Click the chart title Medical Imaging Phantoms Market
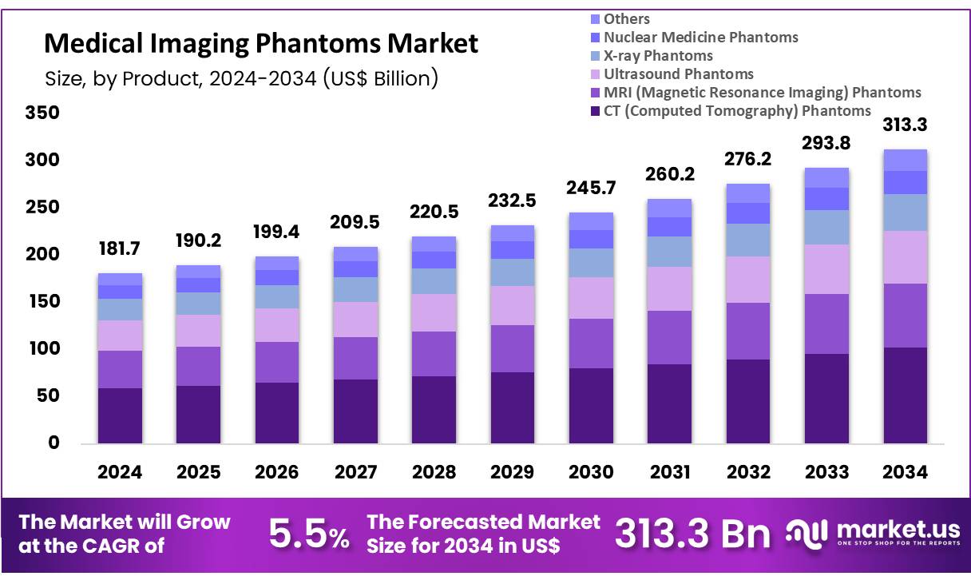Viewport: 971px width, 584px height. coord(261,43)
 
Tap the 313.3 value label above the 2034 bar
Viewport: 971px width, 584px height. coord(905,125)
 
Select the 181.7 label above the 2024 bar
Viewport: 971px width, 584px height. coord(120,248)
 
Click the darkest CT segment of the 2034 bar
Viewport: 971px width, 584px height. coord(905,395)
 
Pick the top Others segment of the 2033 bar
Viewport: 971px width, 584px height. coord(826,177)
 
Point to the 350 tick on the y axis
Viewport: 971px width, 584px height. coord(43,113)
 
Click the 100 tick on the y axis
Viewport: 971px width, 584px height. coord(43,349)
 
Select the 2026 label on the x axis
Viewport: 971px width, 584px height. coord(276,472)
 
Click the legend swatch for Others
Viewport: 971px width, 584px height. coord(593,18)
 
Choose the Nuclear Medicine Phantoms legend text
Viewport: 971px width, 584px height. coord(700,37)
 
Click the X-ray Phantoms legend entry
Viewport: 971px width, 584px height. coord(658,55)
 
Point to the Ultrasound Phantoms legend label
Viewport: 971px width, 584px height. coord(678,73)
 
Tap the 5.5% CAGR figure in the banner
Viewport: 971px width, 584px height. coord(308,534)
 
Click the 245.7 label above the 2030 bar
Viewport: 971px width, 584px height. coord(591,189)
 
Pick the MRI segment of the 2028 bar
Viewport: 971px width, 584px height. coord(434,353)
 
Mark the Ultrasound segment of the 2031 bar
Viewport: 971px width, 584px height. coord(669,288)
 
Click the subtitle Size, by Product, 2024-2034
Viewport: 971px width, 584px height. coord(240,79)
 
